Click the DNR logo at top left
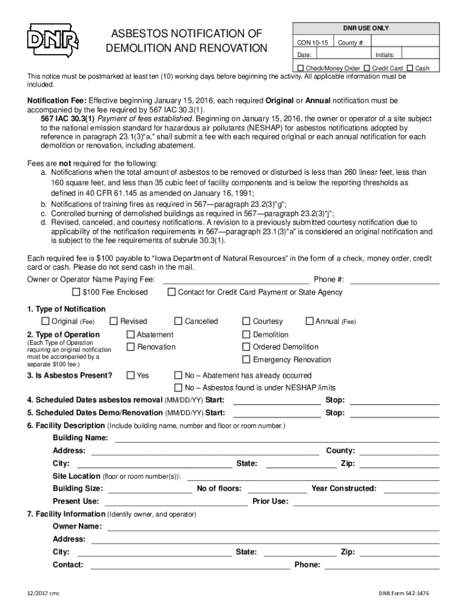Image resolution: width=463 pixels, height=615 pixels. (x=53, y=40)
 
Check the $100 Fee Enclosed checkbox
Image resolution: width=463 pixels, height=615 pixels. (x=76, y=292)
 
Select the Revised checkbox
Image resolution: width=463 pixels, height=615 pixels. (x=114, y=321)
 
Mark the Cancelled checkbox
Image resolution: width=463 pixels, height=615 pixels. (x=178, y=321)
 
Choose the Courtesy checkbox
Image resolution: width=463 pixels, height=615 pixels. (x=246, y=321)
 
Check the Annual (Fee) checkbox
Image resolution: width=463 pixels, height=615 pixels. (x=310, y=321)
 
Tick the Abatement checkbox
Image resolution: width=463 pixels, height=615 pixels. (x=130, y=335)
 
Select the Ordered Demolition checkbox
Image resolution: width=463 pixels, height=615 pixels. (x=246, y=347)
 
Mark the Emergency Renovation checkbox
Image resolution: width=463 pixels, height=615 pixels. (x=246, y=360)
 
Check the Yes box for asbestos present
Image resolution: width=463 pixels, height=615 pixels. (x=130, y=375)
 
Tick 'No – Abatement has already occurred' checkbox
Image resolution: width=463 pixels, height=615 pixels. (x=178, y=375)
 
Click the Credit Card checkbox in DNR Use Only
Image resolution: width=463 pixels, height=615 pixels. (x=367, y=68)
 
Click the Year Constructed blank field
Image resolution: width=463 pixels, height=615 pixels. (x=411, y=488)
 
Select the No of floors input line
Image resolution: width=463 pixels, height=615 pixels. (x=277, y=488)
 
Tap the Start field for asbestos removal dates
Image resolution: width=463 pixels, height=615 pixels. (x=277, y=400)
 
